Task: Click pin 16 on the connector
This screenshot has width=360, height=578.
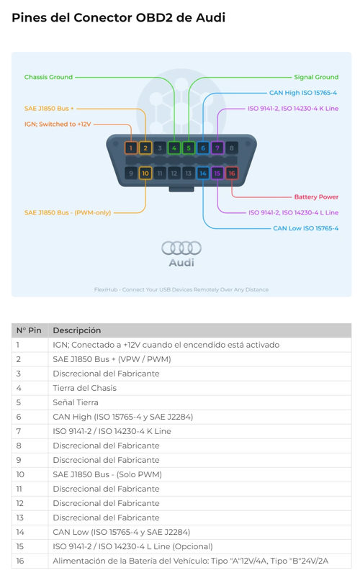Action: (232, 173)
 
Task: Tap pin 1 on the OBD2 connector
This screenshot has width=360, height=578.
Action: (130, 148)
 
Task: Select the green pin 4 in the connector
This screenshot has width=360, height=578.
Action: (174, 148)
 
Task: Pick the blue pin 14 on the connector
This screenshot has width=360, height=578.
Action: (203, 173)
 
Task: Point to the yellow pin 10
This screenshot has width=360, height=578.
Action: (145, 173)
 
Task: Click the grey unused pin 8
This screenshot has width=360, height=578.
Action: (232, 148)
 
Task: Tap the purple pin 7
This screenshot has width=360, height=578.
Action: (217, 148)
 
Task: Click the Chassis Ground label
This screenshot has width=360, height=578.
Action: (48, 77)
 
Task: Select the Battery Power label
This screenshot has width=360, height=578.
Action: (316, 197)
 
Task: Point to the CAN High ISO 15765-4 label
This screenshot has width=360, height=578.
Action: (303, 93)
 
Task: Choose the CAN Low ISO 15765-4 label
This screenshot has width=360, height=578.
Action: (306, 228)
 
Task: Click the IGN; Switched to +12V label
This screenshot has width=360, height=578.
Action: (58, 125)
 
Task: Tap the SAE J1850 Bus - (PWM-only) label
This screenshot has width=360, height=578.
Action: (68, 212)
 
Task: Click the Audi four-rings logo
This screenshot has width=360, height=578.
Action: (181, 248)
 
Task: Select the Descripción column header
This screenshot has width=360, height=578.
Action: (77, 330)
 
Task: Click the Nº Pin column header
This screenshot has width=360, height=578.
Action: (29, 330)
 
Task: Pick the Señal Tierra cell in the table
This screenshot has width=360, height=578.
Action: (76, 402)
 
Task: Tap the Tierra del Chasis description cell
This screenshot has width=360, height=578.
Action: (84, 388)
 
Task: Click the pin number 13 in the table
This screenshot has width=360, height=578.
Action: (20, 518)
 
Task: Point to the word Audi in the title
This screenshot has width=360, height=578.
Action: (210, 17)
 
